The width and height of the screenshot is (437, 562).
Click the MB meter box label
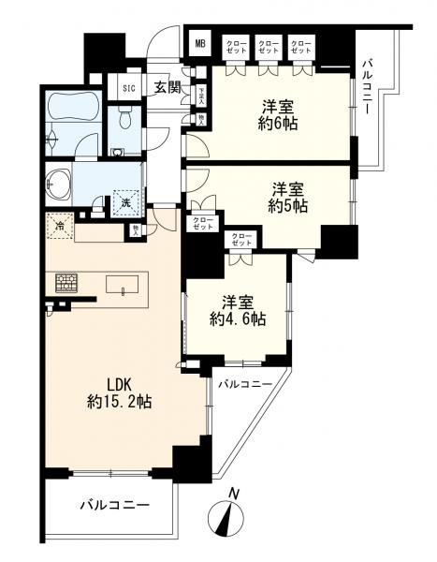[200, 43]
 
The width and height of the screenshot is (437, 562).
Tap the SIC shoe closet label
[129, 89]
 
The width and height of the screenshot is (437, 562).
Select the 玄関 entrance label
[167, 88]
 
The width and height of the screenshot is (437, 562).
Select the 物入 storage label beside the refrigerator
[137, 229]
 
